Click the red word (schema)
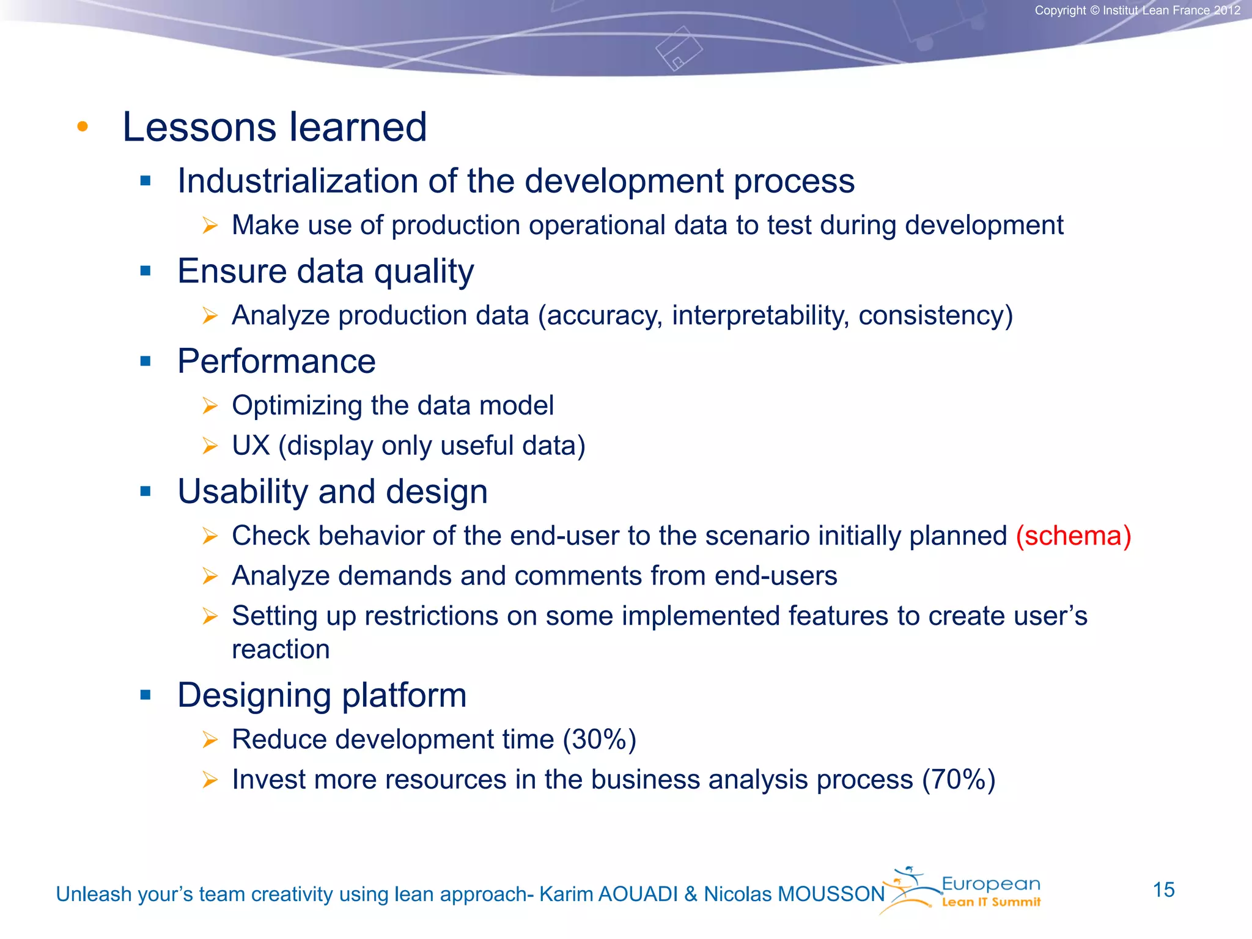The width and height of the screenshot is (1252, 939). (x=1073, y=536)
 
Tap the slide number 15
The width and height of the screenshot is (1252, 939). (x=1163, y=890)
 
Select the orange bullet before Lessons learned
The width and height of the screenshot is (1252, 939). (x=83, y=127)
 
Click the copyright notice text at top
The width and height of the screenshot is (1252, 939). (x=1137, y=10)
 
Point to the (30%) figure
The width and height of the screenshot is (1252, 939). (x=599, y=740)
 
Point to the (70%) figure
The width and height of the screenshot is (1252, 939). (x=959, y=780)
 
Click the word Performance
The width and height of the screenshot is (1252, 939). (x=276, y=361)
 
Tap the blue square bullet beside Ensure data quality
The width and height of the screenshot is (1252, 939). (x=145, y=271)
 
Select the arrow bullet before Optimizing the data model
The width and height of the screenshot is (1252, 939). (x=210, y=406)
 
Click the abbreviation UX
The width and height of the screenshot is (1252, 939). (x=251, y=446)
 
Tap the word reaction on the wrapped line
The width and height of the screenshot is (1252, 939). (x=281, y=649)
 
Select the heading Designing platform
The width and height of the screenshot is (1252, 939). (x=322, y=696)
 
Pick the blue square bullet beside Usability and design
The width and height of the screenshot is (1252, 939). (x=145, y=492)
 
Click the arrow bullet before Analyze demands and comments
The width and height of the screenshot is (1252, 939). (x=210, y=576)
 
